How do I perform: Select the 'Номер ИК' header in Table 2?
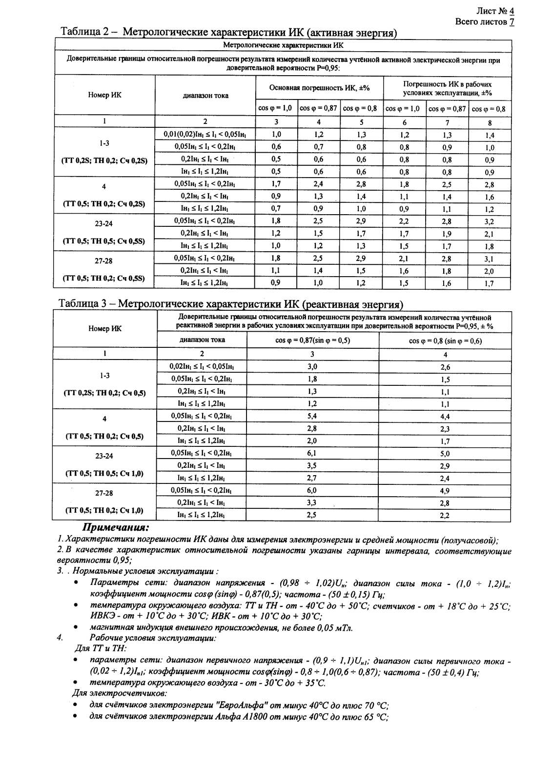pyautogui.click(x=104, y=95)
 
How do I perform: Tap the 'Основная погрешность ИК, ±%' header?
pyautogui.click(x=319, y=88)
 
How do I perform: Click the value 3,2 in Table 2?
pyautogui.click(x=489, y=221)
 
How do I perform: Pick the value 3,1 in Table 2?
pyautogui.click(x=489, y=259)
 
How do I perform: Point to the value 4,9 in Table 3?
pyautogui.click(x=445, y=491)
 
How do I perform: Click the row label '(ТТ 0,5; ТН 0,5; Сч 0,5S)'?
pyautogui.click(x=104, y=241)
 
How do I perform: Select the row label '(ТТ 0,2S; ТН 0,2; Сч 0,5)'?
pyautogui.click(x=104, y=393)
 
